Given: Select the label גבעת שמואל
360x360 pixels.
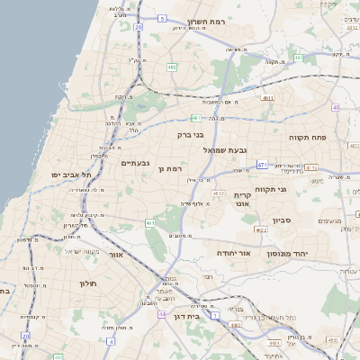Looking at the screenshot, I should (225, 149).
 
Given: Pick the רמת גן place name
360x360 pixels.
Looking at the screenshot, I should (170, 168).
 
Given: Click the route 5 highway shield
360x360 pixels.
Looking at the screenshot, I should (161, 17).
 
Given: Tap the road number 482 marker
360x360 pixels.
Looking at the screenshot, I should (172, 67).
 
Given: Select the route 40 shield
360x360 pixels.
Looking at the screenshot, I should (336, 107).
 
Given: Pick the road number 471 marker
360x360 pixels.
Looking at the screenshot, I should (262, 165).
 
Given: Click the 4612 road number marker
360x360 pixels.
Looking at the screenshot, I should (218, 193).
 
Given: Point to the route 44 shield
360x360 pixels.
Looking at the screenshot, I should (161, 314).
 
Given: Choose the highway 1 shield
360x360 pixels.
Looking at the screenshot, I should (215, 315).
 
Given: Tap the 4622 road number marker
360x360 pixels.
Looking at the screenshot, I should (262, 230).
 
